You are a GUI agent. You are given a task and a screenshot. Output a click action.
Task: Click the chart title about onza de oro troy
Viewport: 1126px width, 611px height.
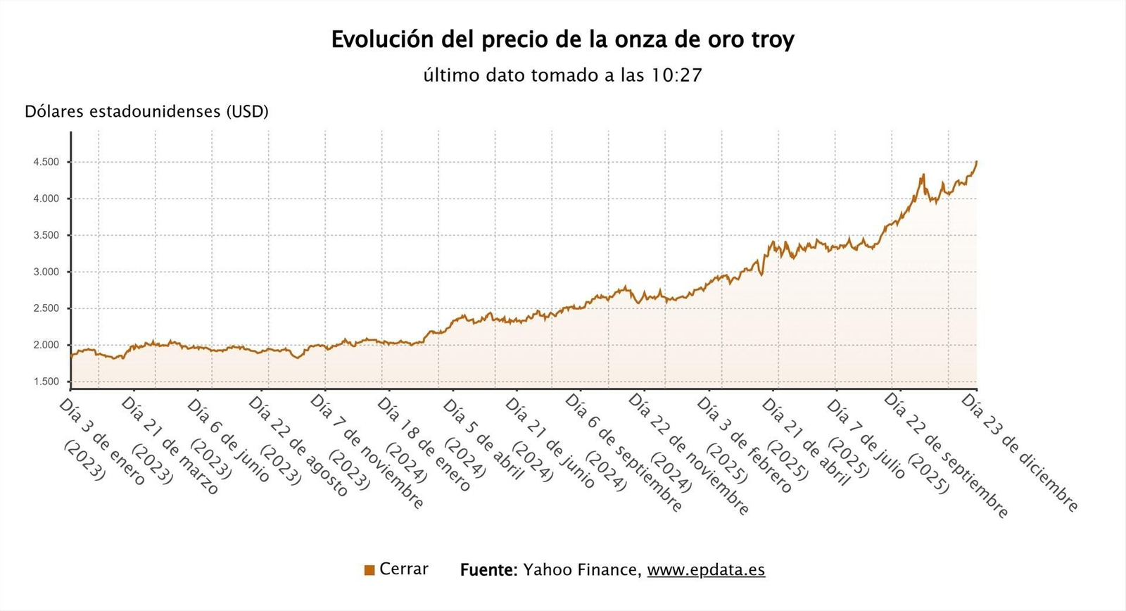[x=562, y=39]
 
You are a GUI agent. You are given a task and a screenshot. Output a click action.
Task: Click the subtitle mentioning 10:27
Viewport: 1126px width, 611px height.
[x=562, y=75]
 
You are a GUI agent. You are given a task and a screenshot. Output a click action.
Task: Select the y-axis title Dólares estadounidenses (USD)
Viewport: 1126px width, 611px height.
[x=146, y=112]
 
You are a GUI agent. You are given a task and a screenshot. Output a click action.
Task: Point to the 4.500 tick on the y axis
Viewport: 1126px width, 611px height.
[x=46, y=162]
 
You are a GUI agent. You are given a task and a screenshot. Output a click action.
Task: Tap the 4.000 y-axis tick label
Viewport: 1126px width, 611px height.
[x=46, y=199]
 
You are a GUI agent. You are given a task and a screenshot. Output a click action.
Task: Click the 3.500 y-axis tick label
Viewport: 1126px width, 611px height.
[x=46, y=235]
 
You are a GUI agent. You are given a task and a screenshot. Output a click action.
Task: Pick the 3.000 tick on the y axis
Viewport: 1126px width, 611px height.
[x=46, y=272]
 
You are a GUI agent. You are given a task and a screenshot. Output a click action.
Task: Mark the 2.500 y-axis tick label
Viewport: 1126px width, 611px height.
[x=46, y=308]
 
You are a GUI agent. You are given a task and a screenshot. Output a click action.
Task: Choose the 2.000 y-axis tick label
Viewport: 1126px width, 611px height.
[x=46, y=345]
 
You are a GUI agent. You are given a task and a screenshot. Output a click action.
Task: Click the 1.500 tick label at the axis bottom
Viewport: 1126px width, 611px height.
[x=46, y=382]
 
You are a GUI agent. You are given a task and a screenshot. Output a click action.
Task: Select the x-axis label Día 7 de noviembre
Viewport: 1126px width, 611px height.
[x=367, y=451]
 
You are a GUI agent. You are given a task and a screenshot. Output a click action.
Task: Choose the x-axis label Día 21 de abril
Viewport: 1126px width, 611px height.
[x=806, y=443]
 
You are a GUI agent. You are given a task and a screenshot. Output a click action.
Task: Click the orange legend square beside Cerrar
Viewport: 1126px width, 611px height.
[x=369, y=570]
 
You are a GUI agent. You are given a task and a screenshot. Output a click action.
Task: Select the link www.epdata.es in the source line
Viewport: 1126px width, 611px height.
[x=706, y=570]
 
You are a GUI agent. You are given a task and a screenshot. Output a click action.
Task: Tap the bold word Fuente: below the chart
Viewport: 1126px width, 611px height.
[x=488, y=570]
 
